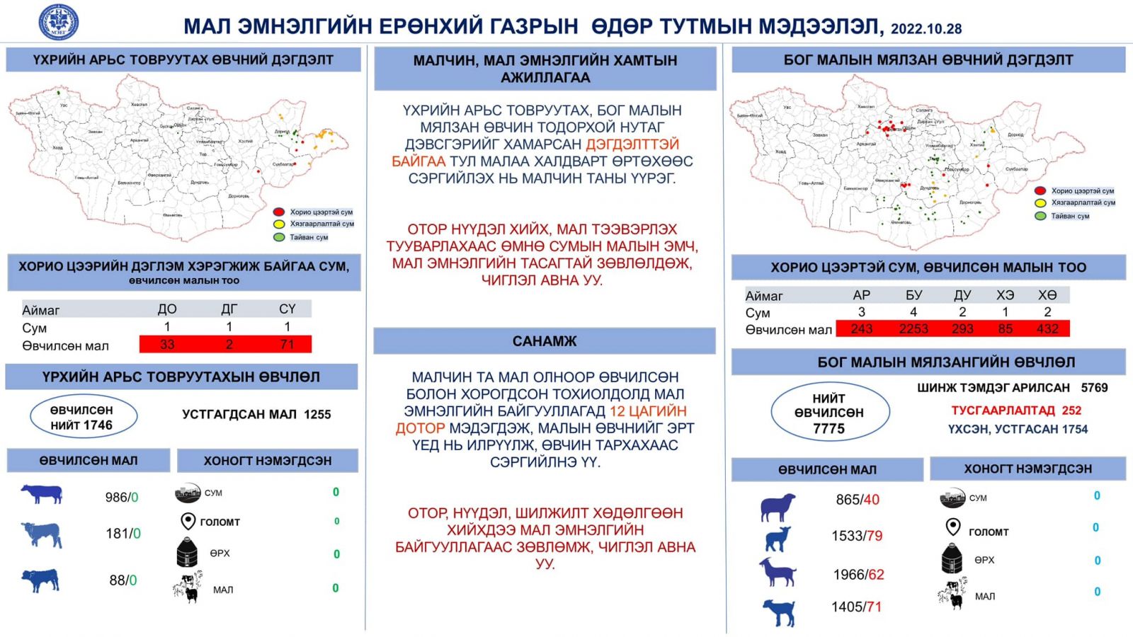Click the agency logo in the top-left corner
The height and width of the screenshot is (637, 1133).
pyautogui.click(x=58, y=21)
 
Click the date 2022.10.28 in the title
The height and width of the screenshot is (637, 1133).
pyautogui.click(x=926, y=29)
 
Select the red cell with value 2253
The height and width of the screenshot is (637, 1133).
pyautogui.click(x=913, y=329)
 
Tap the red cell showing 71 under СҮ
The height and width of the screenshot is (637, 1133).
pyautogui.click(x=287, y=345)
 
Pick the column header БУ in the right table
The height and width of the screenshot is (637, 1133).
pyautogui.click(x=913, y=295)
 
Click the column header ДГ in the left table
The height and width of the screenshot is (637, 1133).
pyautogui.click(x=229, y=309)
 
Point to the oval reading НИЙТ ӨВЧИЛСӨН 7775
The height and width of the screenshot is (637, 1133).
pyautogui.click(x=829, y=413)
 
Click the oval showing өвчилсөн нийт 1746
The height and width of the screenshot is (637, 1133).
pyautogui.click(x=83, y=418)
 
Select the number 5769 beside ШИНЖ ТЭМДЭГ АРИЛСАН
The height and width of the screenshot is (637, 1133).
pyautogui.click(x=1094, y=388)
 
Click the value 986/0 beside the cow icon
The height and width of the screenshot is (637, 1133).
pyautogui.click(x=122, y=498)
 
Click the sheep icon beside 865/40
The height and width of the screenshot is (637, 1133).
pyautogui.click(x=778, y=507)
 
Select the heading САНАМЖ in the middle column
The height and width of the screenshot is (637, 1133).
pyautogui.click(x=544, y=341)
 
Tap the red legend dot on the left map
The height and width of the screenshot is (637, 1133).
pyautogui.click(x=279, y=212)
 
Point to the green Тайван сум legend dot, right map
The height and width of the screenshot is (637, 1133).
pyautogui.click(x=1040, y=216)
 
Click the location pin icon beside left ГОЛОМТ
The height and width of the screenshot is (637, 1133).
pyautogui.click(x=188, y=522)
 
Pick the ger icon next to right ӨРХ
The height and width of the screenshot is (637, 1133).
pyautogui.click(x=952, y=559)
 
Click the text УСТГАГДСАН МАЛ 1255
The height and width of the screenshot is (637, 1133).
pyautogui.click(x=256, y=415)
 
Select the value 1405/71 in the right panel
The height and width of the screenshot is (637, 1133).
pyautogui.click(x=856, y=607)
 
